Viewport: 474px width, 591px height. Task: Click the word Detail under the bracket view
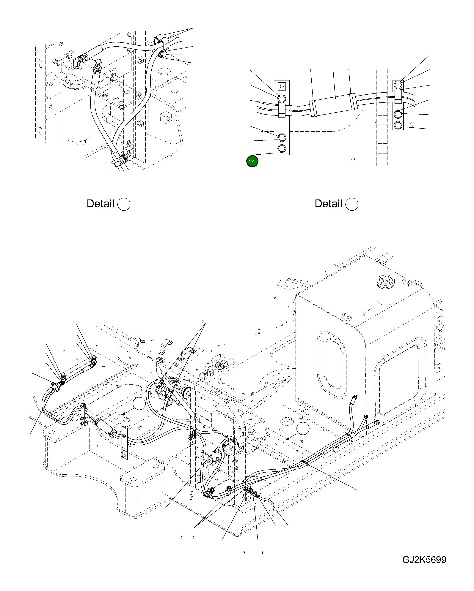[x=328, y=204]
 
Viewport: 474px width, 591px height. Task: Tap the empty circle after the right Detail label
[x=352, y=204]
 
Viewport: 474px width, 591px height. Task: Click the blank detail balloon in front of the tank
[x=303, y=428]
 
